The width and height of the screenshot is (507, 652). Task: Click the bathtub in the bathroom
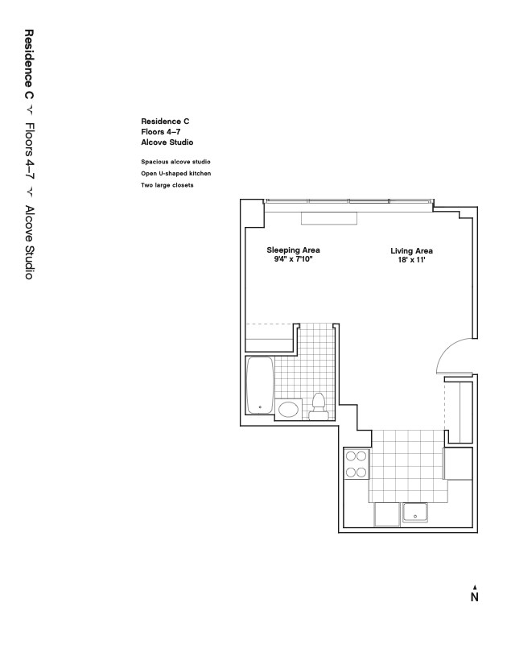pos(260,385)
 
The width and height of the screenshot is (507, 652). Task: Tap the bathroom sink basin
pos(288,410)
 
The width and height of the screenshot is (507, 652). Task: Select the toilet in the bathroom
pos(319,406)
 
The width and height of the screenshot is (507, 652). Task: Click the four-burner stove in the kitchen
pos(357,464)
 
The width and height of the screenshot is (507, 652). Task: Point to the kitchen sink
pos(415,512)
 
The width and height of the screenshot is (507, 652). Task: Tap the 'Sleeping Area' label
pos(294,250)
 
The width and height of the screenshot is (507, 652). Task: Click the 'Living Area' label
pos(411,250)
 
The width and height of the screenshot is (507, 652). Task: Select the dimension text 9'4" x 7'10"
pos(293,259)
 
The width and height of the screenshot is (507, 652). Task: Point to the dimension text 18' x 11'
pos(411,260)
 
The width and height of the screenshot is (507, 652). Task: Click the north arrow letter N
pos(475,597)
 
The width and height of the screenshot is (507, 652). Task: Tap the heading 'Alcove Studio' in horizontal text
pos(167,142)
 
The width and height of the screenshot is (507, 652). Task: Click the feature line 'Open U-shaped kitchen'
pos(175,173)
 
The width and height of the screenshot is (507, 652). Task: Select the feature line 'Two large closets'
pos(167,185)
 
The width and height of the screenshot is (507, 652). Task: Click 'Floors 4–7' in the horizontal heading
pos(160,132)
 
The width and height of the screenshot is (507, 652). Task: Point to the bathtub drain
pos(260,407)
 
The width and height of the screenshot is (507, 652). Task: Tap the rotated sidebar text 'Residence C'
pos(29,64)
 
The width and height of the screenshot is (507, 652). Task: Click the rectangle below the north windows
pos(329,219)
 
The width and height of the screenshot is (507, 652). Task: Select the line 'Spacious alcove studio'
pos(175,162)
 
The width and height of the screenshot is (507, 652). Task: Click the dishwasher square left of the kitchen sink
pos(387,514)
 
